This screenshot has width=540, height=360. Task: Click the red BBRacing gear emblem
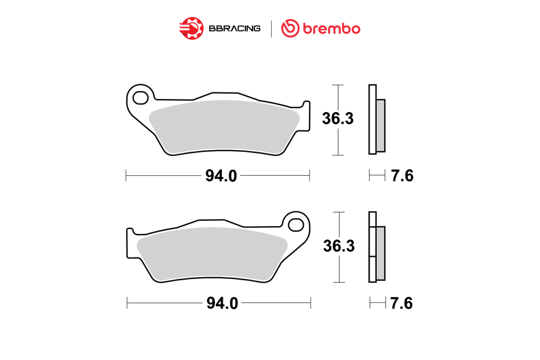point(191,28)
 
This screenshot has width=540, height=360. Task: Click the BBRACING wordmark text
point(235,29)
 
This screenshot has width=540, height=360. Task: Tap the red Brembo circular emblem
point(290,28)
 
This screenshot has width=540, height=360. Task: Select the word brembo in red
point(331,29)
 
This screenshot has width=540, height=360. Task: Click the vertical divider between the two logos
point(271,29)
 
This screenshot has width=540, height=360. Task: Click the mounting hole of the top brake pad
point(140,98)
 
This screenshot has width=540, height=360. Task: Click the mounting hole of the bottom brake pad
point(295,226)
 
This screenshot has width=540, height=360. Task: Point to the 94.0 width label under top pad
point(221,176)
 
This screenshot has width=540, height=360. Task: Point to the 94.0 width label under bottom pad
point(222,303)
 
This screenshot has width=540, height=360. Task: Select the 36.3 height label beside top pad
point(338,119)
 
